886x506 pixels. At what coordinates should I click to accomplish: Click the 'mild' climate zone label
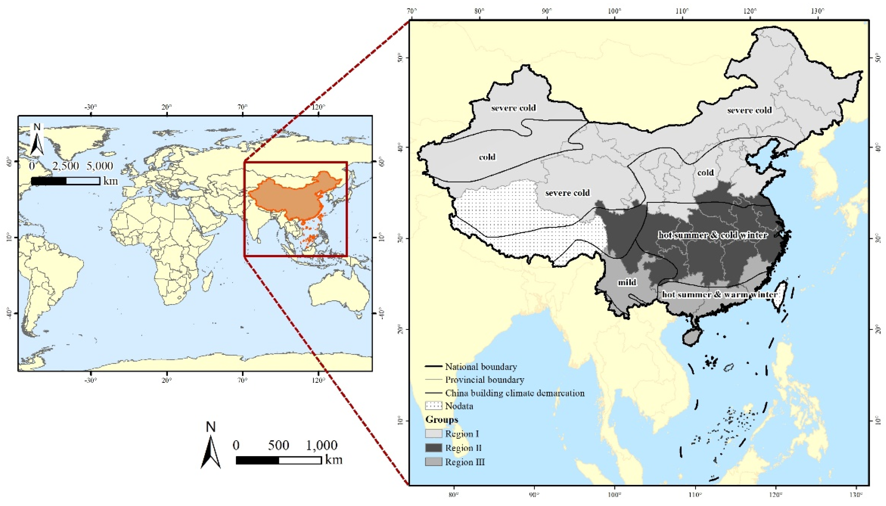pyautogui.click(x=626, y=282)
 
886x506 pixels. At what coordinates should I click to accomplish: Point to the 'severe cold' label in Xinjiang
pyautogui.click(x=513, y=108)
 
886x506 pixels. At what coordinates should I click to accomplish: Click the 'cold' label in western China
pyautogui.click(x=487, y=157)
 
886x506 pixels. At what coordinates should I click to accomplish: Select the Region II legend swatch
pyautogui.click(x=433, y=448)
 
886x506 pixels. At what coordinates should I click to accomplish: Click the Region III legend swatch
pyautogui.click(x=433, y=462)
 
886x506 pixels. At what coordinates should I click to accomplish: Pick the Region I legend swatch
pyautogui.click(x=433, y=433)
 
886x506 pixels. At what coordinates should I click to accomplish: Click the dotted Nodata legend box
pyautogui.click(x=433, y=406)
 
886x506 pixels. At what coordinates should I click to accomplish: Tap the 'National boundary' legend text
pyautogui.click(x=480, y=366)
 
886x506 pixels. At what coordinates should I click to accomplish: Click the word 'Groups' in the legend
pyautogui.click(x=442, y=419)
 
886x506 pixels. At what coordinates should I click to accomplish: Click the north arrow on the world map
pyautogui.click(x=37, y=141)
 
